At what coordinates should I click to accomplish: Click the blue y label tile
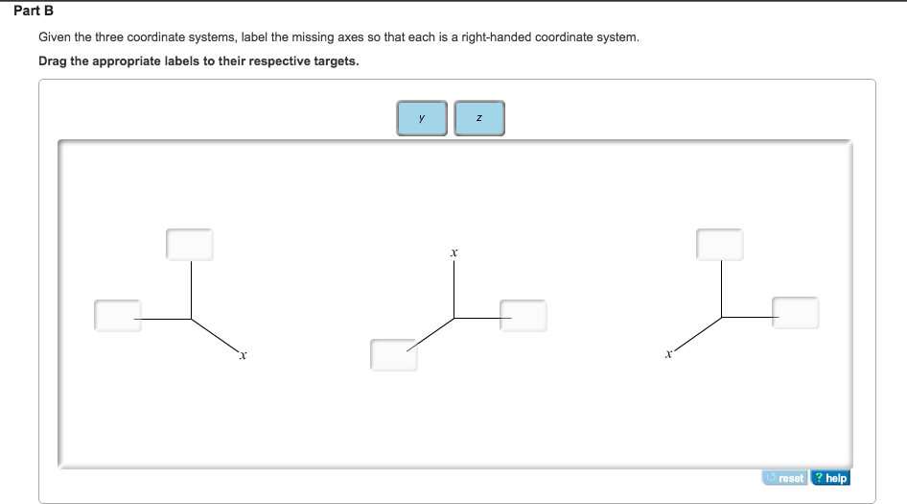coord(422,118)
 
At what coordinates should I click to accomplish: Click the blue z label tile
coord(478,118)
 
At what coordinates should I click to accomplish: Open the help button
coord(830,477)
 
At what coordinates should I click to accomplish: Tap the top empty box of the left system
coord(190,244)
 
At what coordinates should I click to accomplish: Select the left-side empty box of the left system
coord(118,315)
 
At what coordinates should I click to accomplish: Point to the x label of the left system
coord(244,356)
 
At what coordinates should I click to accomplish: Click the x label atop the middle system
coord(453,252)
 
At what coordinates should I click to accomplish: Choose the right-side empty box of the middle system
coord(523,316)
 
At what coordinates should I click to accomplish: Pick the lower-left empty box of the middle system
coord(394,354)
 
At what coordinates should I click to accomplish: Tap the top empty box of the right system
coord(720,244)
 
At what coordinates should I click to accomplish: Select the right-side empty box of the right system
coord(796,312)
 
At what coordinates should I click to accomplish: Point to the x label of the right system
coord(667,356)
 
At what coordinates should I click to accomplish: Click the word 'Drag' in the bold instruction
coord(53,61)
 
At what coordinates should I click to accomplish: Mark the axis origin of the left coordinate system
coord(191,318)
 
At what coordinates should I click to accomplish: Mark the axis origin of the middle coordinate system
coord(454,318)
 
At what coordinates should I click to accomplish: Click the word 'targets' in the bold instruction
coord(336,61)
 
